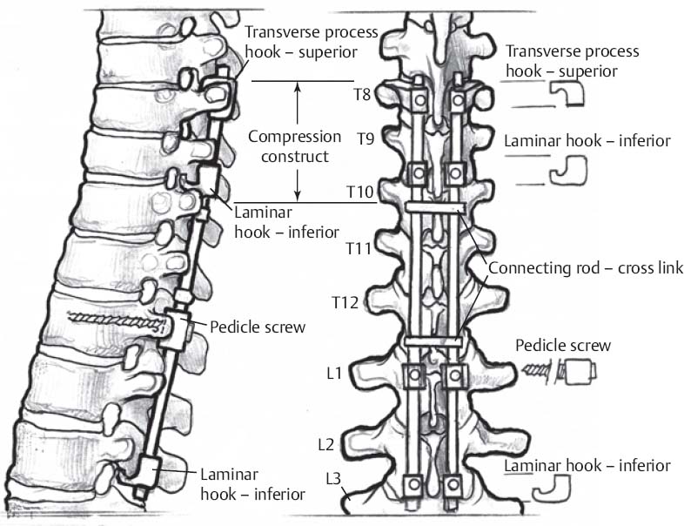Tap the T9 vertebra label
[366, 138]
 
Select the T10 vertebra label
[359, 192]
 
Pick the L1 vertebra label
[332, 374]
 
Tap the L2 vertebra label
[325, 444]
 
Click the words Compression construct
[294, 146]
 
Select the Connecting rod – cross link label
[586, 268]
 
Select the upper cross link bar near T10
[433, 206]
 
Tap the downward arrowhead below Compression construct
[298, 196]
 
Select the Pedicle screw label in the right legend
[562, 346]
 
